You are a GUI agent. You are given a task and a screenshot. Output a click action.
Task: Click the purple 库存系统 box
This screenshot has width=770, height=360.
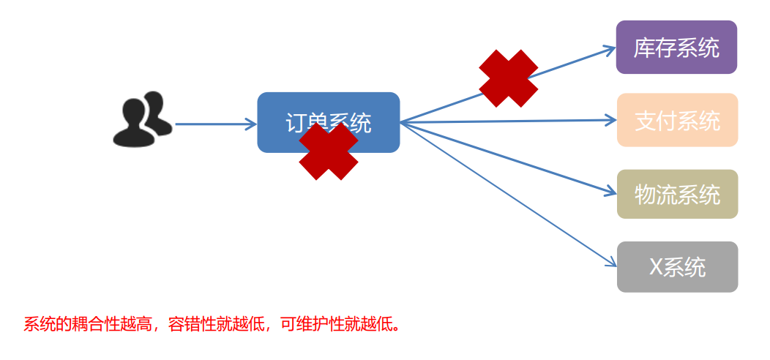pos(676,48)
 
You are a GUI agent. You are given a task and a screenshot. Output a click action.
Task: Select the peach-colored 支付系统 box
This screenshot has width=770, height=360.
pos(677,120)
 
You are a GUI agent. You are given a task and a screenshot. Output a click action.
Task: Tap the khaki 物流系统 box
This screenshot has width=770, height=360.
pos(677,194)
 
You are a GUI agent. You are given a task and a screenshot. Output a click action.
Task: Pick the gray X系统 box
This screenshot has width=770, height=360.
pos(677,267)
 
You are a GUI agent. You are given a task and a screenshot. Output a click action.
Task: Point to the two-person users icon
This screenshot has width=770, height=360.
pos(142,119)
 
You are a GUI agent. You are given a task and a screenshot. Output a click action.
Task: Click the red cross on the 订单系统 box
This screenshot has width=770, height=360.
pos(329,151)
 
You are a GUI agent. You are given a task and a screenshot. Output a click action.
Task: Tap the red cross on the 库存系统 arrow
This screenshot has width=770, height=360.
pos(508,78)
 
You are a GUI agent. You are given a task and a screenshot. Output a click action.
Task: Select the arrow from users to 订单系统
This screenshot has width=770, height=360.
pos(215,124)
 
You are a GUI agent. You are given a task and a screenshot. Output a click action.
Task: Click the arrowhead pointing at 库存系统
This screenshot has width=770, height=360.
pos(610,49)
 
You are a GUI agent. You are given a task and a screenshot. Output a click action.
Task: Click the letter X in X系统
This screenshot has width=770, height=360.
pos(657,267)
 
